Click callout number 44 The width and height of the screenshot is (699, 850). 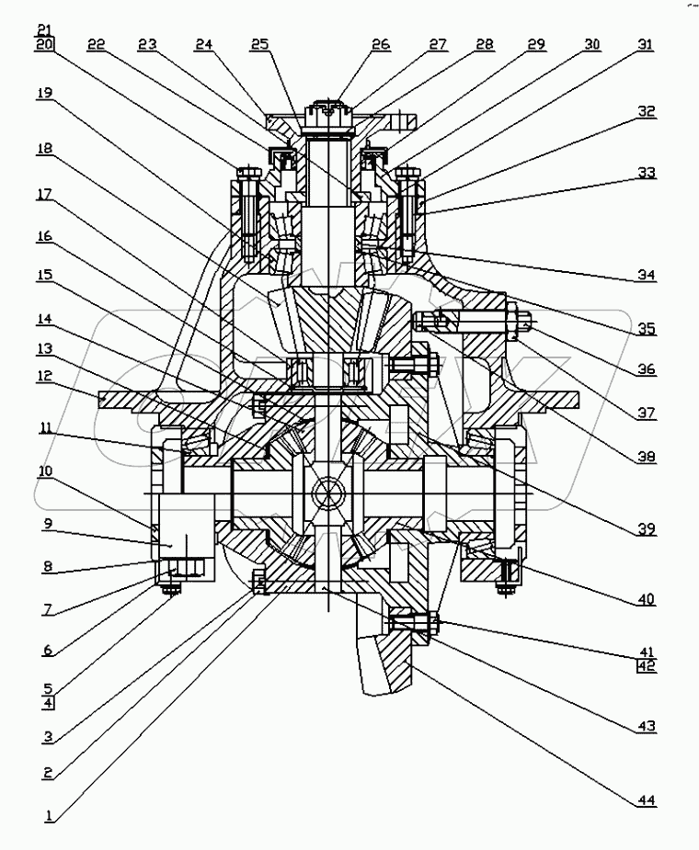[x=647, y=801]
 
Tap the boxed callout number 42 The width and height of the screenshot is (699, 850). [x=647, y=666]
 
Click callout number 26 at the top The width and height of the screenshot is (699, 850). [x=381, y=44]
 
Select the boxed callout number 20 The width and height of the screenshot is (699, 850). [x=45, y=43]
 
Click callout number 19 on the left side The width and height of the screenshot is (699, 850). [x=45, y=93]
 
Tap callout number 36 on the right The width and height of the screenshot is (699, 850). [x=647, y=369]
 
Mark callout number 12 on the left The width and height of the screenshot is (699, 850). [x=45, y=377]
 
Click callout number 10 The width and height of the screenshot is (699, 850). [x=45, y=471]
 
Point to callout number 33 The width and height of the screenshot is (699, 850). [x=647, y=173]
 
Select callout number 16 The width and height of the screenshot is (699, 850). [x=45, y=236]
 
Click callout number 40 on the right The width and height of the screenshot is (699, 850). [x=647, y=600]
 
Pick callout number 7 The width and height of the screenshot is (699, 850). [x=45, y=608]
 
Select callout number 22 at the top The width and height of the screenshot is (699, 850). [x=97, y=44]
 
